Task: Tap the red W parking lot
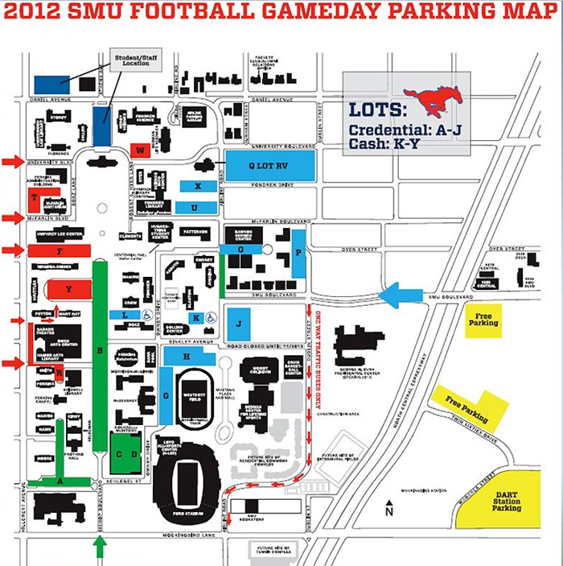(140, 151)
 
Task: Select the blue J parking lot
(239, 323)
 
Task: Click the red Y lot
(68, 289)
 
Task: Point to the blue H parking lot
(187, 356)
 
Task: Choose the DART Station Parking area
(508, 501)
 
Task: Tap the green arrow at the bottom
(100, 547)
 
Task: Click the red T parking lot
(34, 198)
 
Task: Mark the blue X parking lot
(197, 186)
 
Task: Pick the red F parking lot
(59, 251)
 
